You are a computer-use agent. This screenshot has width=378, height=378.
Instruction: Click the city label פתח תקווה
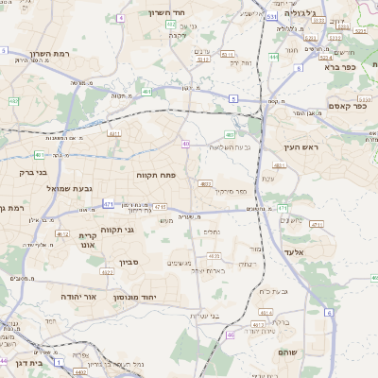pos(153,176)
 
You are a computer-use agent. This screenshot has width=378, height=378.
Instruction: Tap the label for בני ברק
pos(32,173)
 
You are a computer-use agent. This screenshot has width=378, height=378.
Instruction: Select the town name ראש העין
pos(301,147)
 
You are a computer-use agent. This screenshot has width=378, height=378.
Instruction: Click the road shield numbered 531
pos(271,17)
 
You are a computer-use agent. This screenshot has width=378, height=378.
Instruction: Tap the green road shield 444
pos(273,57)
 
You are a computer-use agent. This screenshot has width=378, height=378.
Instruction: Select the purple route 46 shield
pos(230,335)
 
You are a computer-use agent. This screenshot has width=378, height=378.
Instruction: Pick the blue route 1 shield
pos(58,361)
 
